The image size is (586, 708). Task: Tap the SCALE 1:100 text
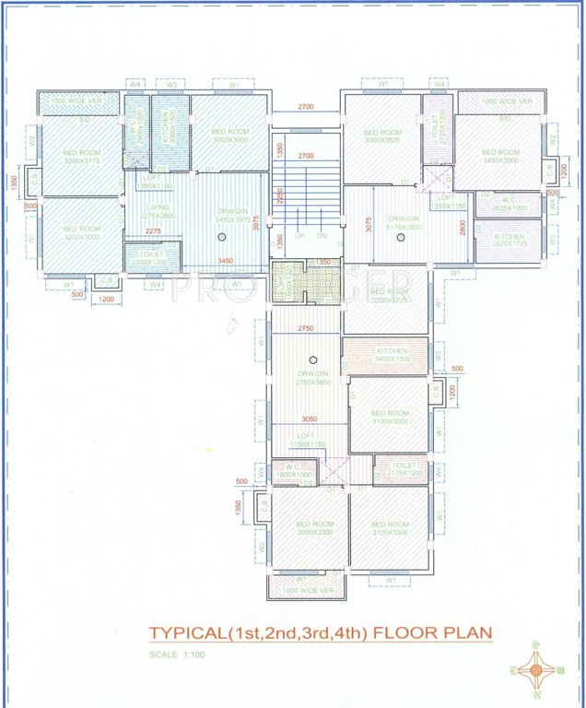pyautogui.click(x=176, y=655)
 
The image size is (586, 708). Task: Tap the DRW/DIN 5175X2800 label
pyautogui.click(x=402, y=222)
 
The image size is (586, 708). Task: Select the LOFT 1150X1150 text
pyautogui.click(x=307, y=440)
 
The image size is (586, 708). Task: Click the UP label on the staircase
pyautogui.click(x=299, y=236)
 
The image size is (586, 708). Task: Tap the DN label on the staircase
pyautogui.click(x=322, y=236)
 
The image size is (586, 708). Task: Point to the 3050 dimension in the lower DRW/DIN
pyautogui.click(x=309, y=418)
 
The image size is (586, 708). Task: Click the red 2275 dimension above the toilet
pyautogui.click(x=154, y=231)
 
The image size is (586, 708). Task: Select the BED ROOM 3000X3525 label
pyautogui.click(x=381, y=136)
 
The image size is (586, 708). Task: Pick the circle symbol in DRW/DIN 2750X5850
pyautogui.click(x=313, y=359)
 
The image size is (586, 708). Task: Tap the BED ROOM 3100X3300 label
pyautogui.click(x=391, y=528)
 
